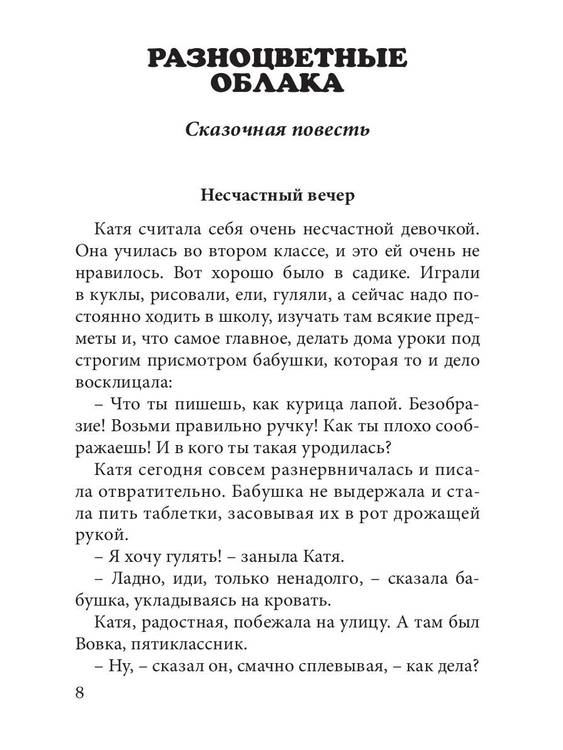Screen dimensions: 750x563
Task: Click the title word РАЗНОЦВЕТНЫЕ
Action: [277, 59]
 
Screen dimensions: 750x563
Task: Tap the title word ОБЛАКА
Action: [277, 83]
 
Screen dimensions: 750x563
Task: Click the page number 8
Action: [79, 693]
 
